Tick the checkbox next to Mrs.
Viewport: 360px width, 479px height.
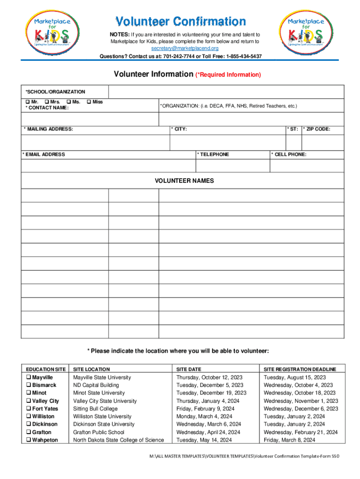click(x=46, y=102)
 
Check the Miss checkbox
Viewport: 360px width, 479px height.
click(x=89, y=102)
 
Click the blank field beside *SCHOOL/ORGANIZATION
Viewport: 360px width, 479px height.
click(x=226, y=92)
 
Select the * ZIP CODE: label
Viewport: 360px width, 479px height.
click(x=317, y=129)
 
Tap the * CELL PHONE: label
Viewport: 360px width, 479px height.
click(x=290, y=154)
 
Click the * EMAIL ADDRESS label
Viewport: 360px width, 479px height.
click(x=45, y=154)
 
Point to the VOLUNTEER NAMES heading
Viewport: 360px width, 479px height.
click(x=184, y=181)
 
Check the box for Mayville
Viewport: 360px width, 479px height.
click(x=29, y=377)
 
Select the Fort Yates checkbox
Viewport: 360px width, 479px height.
click(x=29, y=409)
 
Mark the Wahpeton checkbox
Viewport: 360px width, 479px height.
click(x=29, y=440)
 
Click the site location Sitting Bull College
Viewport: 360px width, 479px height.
click(x=95, y=409)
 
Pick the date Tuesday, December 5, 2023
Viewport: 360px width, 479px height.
click(x=209, y=385)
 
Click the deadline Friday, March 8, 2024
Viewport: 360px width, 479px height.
click(x=289, y=440)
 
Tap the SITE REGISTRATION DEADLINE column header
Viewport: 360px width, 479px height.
click(x=300, y=369)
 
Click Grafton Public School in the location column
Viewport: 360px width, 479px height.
click(x=99, y=432)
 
